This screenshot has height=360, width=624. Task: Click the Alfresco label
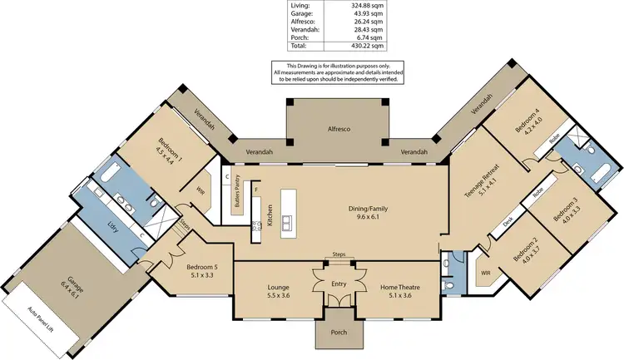point(337,131)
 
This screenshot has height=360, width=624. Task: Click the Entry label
point(338,284)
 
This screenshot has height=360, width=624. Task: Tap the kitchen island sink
point(288,222)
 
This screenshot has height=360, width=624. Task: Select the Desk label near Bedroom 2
point(508,222)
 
